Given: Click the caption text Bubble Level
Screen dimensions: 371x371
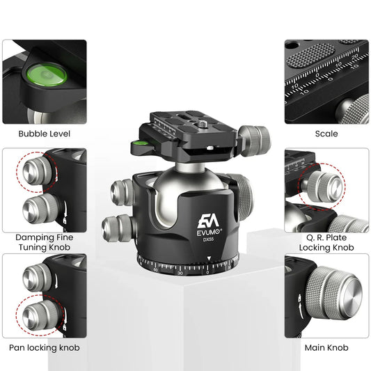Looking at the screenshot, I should click(44, 133).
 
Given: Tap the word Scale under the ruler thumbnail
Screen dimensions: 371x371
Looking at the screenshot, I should click(326, 133).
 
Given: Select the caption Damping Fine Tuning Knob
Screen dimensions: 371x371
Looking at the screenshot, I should click(44, 242).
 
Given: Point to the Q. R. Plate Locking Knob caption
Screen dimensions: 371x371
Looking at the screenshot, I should click(326, 242).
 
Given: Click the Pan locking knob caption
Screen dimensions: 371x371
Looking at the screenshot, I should click(44, 347).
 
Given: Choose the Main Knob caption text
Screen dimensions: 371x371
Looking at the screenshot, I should click(326, 347).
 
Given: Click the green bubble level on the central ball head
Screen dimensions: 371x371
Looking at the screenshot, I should click(139, 147).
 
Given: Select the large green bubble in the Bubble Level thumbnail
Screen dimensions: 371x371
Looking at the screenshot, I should click(46, 72).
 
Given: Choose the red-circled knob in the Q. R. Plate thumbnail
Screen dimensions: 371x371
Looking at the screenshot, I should click(323, 186).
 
